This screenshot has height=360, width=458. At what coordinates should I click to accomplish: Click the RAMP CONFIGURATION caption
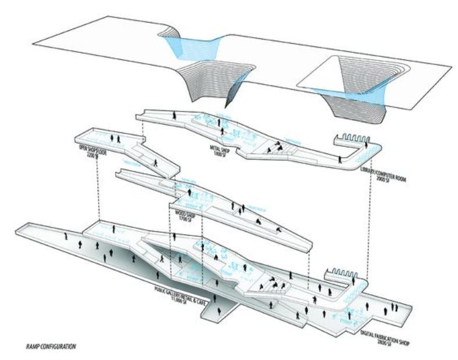[51, 347]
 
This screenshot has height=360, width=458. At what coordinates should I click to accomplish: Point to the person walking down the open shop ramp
[155, 162]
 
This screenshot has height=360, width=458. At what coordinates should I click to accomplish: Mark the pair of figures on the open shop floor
[116, 139]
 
